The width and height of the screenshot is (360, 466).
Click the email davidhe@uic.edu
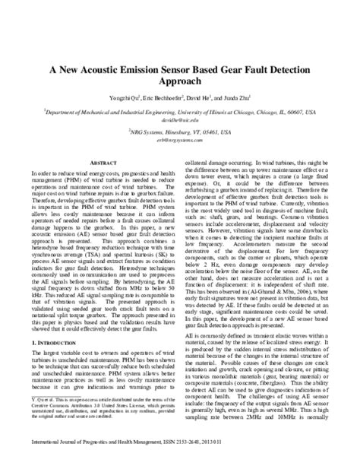point(180,119)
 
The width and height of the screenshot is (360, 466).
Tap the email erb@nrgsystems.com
point(180,141)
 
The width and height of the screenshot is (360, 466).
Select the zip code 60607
point(288,111)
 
